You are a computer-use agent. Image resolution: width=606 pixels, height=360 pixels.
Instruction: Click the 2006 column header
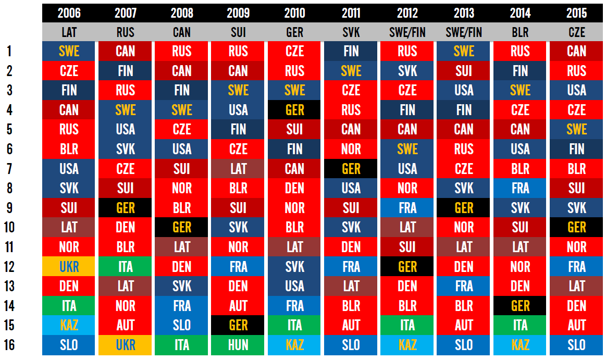[69, 13]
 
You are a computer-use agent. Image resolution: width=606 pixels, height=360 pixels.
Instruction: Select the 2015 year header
[576, 13]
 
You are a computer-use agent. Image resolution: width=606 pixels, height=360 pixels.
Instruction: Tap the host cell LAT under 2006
[69, 32]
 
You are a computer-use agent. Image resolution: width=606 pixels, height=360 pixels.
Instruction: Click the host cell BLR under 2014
[520, 32]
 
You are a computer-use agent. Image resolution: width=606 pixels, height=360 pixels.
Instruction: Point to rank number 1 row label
[9, 51]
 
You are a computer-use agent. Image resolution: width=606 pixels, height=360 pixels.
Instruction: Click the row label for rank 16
[9, 345]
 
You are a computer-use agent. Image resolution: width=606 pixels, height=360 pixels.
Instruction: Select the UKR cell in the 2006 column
[69, 267]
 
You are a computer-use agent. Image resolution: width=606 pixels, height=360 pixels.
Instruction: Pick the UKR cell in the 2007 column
[126, 345]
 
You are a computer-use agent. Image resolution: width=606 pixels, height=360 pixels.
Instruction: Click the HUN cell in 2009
[238, 345]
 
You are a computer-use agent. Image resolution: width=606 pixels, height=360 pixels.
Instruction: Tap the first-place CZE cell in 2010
[294, 51]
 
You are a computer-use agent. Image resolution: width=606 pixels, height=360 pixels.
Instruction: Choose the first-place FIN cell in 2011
[351, 51]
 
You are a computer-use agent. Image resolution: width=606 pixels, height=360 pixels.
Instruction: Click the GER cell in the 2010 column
[294, 110]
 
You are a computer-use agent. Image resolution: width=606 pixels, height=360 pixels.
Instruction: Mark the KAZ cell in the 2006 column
[69, 326]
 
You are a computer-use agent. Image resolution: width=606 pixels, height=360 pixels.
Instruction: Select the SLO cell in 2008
[182, 326]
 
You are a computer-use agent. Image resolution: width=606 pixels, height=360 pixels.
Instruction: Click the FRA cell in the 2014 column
[520, 188]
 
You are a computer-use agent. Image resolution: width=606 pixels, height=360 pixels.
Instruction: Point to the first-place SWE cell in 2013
[464, 51]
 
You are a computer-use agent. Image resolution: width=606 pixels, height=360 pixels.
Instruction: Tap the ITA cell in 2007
[126, 267]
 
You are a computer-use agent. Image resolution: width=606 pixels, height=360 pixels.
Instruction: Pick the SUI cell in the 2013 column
[464, 71]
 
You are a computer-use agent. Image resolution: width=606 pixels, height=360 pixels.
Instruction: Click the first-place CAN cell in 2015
[576, 51]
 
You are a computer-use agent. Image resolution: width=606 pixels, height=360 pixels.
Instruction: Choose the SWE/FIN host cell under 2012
[407, 32]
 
